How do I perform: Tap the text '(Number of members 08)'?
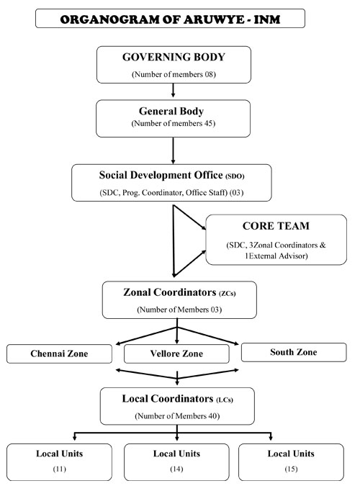(174, 75)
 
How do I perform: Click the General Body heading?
(174, 112)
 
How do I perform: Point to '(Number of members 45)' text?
(174, 124)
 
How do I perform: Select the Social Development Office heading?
(171, 176)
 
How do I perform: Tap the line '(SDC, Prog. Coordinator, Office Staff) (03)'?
(171, 192)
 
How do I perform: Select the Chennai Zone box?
(60, 353)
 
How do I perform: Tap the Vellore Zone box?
(177, 353)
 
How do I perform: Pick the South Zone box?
(293, 352)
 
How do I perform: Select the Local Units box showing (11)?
(59, 461)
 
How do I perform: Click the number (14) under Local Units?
(176, 469)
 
